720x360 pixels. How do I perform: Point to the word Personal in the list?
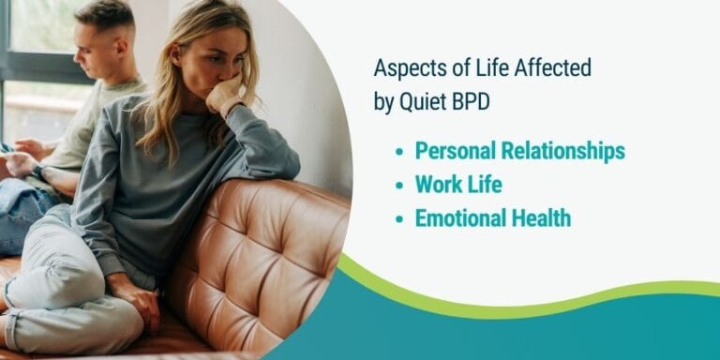[x=456, y=150]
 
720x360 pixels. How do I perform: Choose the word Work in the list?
[x=437, y=185]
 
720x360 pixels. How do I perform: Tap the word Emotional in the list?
[x=459, y=218]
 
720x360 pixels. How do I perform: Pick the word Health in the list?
[x=540, y=218]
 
